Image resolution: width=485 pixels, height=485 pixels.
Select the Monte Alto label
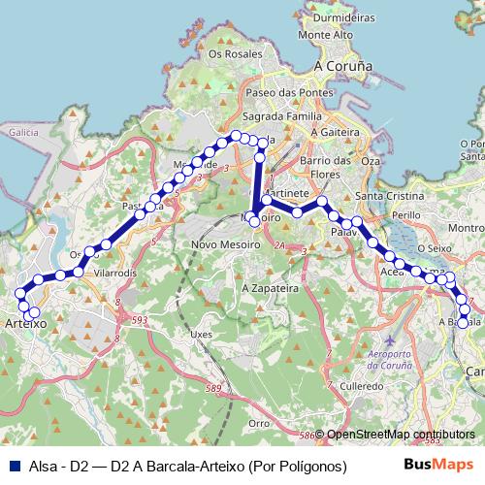point(327,35)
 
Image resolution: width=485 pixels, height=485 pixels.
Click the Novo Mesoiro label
point(226,243)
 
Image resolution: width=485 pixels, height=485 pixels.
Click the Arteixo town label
point(26,325)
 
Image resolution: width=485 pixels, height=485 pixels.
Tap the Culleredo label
point(362,385)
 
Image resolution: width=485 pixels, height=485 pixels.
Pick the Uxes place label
point(201,334)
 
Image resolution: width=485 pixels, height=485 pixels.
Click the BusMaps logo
point(436,466)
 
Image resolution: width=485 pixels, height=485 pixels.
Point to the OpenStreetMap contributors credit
point(400,434)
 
